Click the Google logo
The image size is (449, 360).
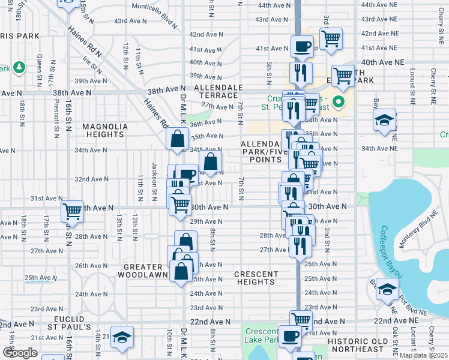point(20,353)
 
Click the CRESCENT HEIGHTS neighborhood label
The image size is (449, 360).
point(256,278)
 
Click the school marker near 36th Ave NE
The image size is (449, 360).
point(384,120)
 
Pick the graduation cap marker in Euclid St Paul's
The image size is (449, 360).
point(122,337)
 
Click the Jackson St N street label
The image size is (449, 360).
point(154,174)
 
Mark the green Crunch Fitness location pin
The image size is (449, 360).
point(338,102)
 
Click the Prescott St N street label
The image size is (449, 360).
point(55,118)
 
